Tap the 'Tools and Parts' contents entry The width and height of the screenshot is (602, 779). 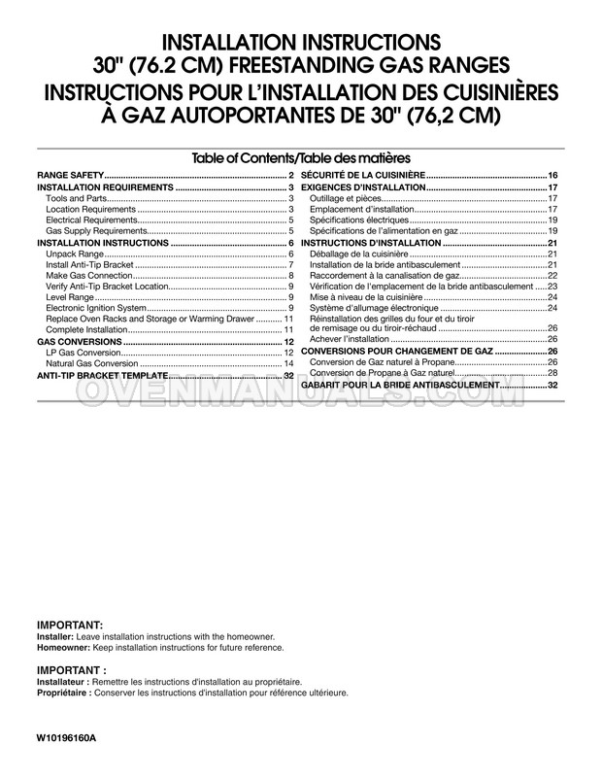[x=78, y=198]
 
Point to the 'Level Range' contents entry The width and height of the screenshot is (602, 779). [x=70, y=298]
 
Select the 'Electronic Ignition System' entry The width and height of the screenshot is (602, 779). [x=96, y=309]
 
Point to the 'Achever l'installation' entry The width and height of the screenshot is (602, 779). [x=351, y=339]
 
